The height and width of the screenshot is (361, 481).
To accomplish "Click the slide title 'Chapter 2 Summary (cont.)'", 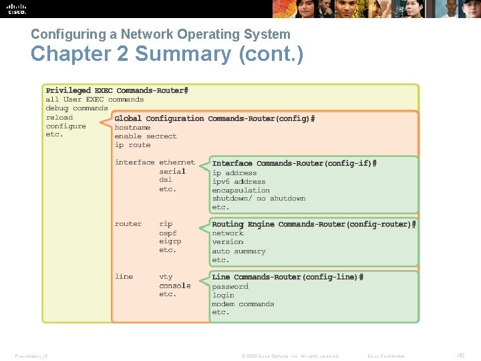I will click(166, 54).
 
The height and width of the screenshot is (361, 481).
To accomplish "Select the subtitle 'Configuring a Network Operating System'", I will click(160, 33).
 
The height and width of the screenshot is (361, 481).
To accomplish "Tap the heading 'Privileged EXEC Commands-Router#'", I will click(117, 90).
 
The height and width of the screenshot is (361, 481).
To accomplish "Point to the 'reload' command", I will click(59, 117).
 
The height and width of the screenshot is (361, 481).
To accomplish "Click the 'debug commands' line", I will click(76, 108).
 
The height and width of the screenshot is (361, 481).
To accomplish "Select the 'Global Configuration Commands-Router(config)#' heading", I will click(214, 118).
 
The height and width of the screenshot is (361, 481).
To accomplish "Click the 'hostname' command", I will click(132, 127).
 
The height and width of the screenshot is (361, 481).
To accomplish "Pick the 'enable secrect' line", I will click(146, 136).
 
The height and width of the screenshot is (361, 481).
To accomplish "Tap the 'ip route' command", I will click(132, 144).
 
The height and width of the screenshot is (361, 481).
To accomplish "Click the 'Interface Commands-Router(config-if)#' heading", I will click(294, 163).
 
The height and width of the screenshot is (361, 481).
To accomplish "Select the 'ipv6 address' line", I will click(238, 181).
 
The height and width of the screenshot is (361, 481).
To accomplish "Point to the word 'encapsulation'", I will click(240, 190).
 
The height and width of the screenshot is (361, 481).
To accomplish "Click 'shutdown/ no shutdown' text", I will click(259, 199).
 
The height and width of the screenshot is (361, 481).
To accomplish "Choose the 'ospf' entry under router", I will click(168, 233).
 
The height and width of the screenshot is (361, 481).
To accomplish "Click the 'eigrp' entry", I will click(170, 241).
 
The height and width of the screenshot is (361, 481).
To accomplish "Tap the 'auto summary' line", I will click(238, 251).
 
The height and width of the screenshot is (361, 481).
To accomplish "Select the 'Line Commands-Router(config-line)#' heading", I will click(287, 277).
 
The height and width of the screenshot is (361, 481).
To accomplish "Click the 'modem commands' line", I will click(243, 304).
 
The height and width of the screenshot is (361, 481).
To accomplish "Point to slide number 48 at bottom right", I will click(460, 355).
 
